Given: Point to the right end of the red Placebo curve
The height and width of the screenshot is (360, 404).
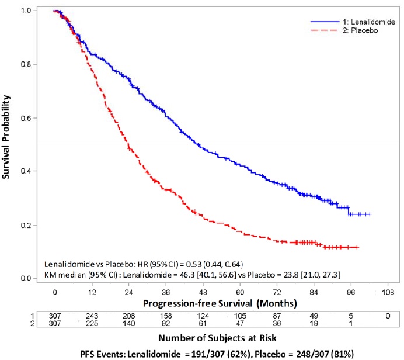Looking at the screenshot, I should [358, 247].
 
